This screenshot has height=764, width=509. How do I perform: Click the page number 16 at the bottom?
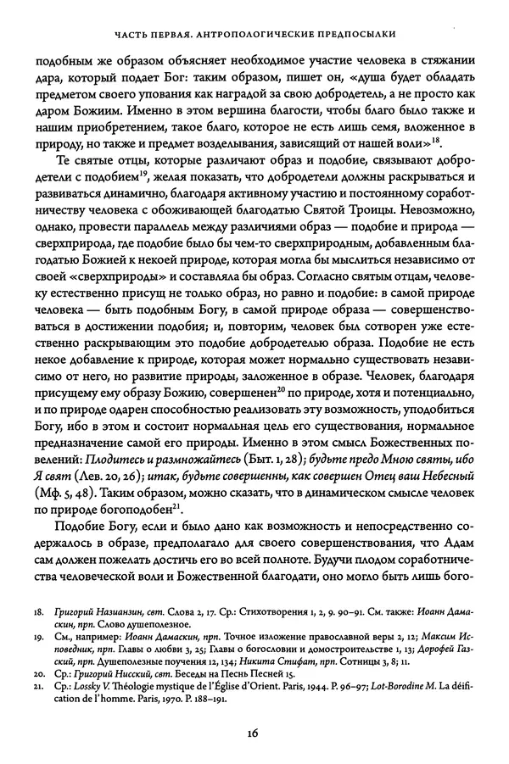255,734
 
